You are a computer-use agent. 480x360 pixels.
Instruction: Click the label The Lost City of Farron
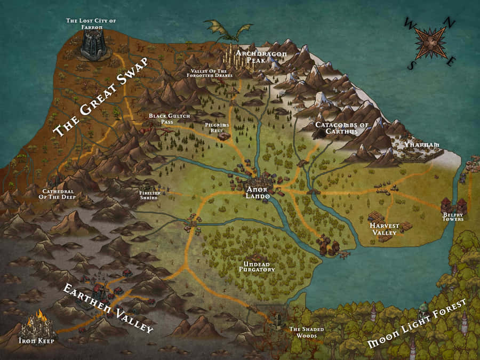pyautogui.click(x=91, y=24)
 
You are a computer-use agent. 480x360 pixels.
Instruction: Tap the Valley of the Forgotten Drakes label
pyautogui.click(x=212, y=74)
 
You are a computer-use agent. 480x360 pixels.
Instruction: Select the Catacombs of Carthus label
pyautogui.click(x=342, y=128)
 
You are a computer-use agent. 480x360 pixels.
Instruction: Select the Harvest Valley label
pyautogui.click(x=383, y=229)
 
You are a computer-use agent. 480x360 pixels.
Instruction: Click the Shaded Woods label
pyautogui.click(x=307, y=333)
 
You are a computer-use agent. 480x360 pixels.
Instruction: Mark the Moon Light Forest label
pyautogui.click(x=417, y=324)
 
